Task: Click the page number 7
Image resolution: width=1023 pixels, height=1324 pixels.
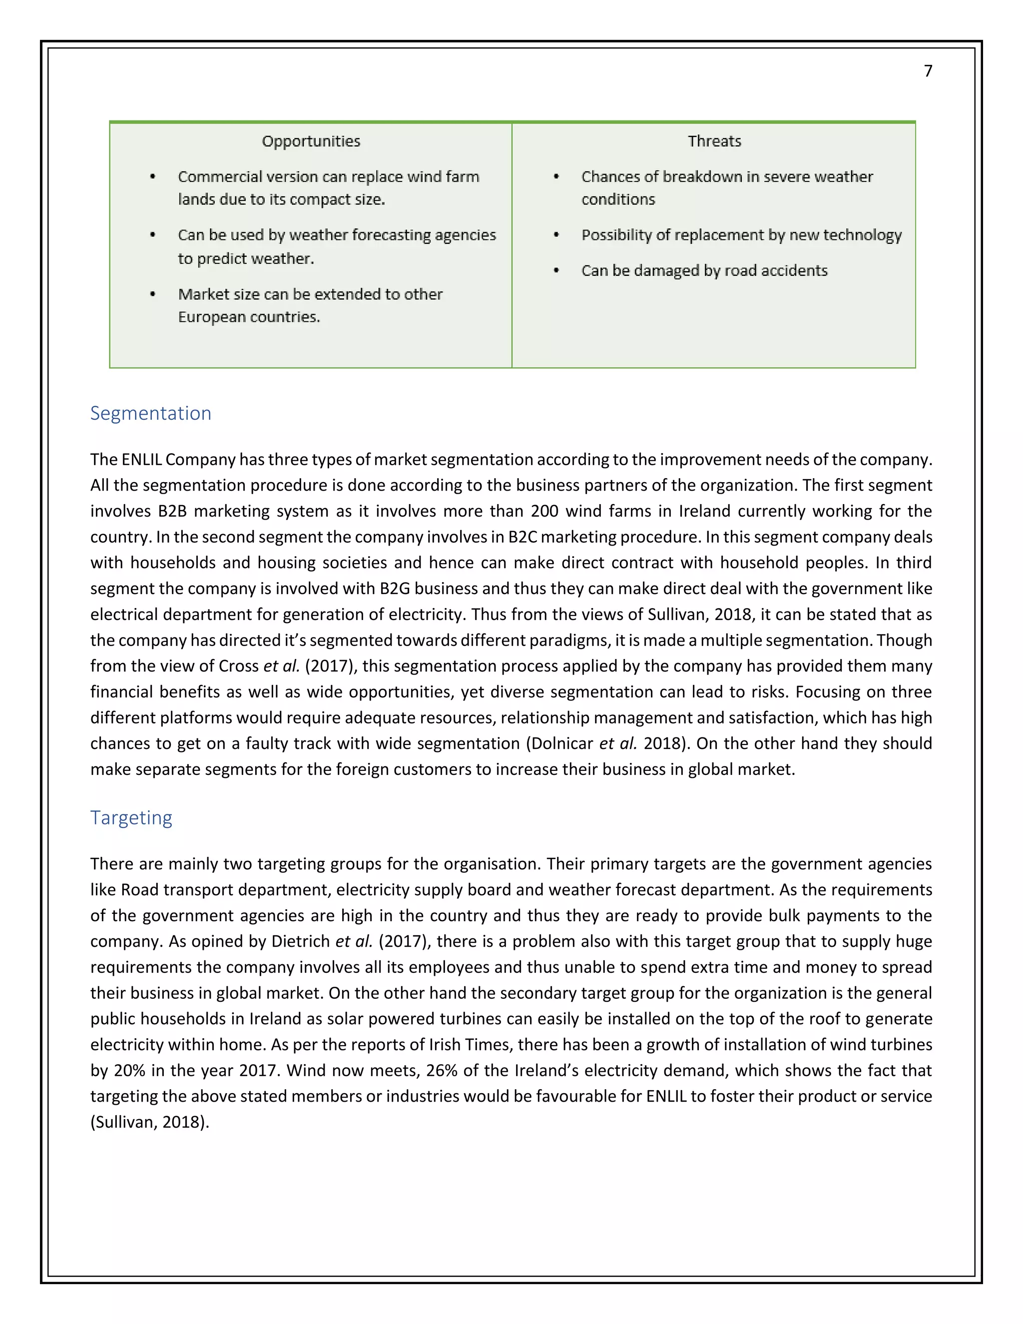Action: coord(928,71)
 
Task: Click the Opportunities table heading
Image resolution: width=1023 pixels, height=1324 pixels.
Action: coord(311,141)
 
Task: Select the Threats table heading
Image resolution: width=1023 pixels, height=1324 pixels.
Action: coord(714,141)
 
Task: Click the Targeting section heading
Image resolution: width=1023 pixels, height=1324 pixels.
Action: coord(131,817)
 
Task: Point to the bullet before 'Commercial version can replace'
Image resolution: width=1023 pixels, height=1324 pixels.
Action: coord(153,176)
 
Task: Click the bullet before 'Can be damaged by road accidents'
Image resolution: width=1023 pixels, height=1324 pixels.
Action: coord(556,270)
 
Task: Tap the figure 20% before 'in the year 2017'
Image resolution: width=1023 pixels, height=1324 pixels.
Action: coord(130,1071)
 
